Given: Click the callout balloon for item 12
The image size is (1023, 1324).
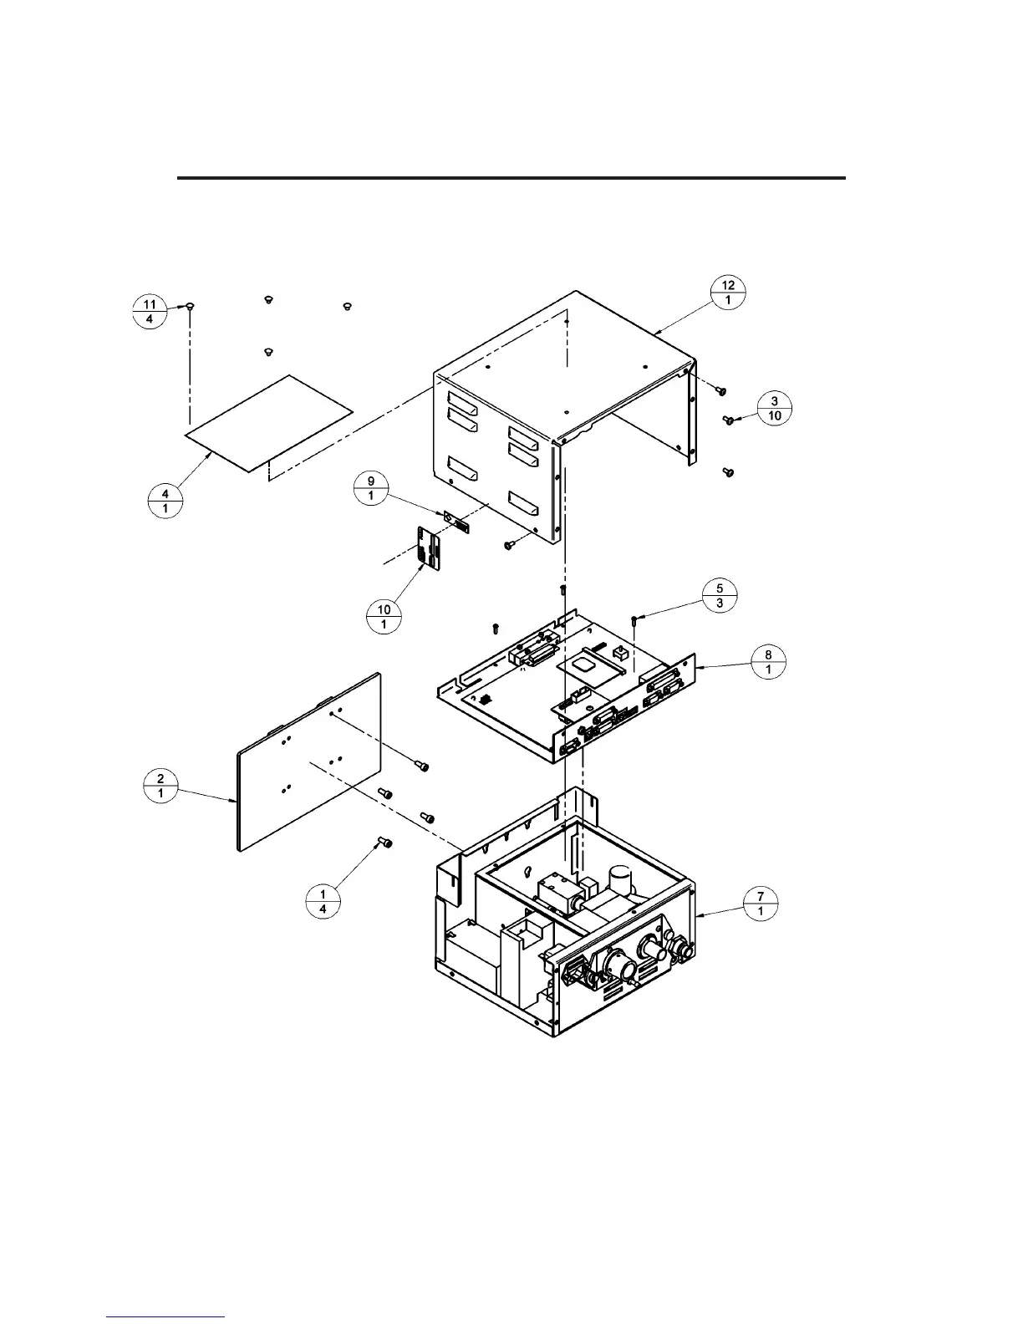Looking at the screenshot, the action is tap(728, 293).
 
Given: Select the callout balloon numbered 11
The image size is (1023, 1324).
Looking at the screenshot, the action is tap(149, 312).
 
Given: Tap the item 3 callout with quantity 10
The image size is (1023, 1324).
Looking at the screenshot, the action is tap(775, 409).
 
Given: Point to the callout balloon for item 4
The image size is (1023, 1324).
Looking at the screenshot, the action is tap(165, 502).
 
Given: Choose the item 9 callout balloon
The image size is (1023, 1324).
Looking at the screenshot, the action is tap(371, 487).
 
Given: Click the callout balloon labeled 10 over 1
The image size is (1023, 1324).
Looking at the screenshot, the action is tap(384, 617).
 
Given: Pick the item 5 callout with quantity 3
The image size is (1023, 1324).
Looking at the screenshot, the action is tap(720, 595).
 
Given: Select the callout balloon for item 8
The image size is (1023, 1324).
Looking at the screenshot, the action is tap(768, 662).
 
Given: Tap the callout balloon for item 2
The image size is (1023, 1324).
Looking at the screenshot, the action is tap(160, 787).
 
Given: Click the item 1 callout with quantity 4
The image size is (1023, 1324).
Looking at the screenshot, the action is tap(323, 902).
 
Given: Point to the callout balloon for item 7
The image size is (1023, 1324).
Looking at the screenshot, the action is tap(761, 904).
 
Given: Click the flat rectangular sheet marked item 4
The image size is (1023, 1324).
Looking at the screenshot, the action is tap(267, 422).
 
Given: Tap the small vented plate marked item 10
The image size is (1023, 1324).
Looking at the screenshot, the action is tap(428, 548).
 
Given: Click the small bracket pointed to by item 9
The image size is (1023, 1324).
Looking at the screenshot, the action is tap(456, 524).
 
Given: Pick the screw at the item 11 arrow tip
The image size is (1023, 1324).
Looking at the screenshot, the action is tap(191, 307).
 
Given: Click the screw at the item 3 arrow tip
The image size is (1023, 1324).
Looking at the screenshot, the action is tap(728, 420).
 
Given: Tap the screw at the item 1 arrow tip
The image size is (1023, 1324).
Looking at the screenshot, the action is tap(386, 842).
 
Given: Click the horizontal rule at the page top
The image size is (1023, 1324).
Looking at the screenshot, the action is tap(511, 178).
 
